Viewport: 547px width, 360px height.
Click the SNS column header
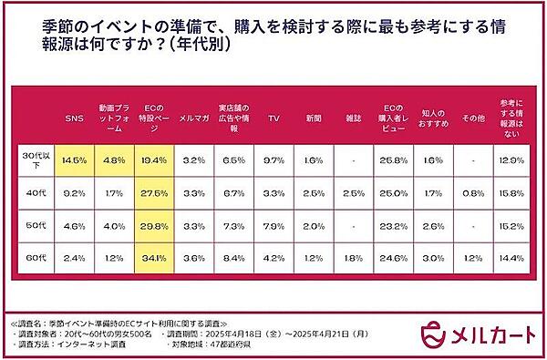[74, 118]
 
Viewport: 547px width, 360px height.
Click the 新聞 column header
[312, 118]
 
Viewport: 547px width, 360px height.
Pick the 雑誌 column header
[352, 118]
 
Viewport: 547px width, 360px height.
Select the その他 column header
[471, 118]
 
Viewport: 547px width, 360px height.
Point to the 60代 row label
[35, 258]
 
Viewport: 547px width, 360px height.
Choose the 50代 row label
[35, 225]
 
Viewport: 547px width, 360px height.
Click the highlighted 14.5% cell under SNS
[74, 159]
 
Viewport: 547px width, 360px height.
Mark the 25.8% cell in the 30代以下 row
[392, 159]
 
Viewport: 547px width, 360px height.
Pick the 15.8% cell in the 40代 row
[512, 193]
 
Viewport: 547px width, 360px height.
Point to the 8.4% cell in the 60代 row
[232, 258]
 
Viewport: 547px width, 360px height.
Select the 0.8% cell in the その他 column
[471, 193]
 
